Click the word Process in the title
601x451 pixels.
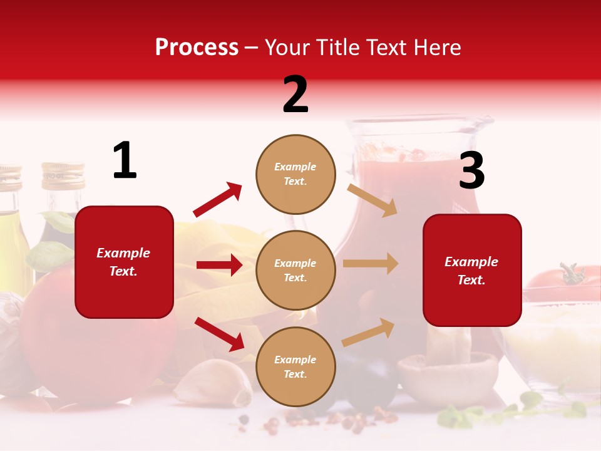point(197,48)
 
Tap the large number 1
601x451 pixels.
point(125,160)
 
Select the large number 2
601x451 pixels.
point(295,95)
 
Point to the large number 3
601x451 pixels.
point(471,171)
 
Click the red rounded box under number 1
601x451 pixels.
point(124,262)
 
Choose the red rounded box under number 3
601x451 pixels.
point(472,270)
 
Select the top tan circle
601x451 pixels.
point(295,174)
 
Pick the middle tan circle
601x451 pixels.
point(295,270)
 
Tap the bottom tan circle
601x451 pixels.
point(295,366)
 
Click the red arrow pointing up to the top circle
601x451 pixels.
point(217,200)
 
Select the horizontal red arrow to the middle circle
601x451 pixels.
point(219,265)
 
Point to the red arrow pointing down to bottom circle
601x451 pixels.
point(219,334)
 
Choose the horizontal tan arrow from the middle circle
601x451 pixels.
point(370,263)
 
